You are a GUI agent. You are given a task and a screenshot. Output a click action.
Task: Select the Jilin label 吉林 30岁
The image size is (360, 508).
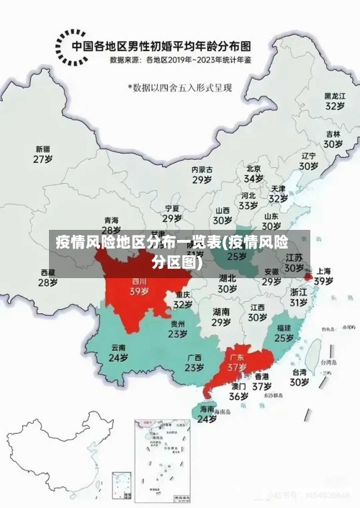(x=332, y=138)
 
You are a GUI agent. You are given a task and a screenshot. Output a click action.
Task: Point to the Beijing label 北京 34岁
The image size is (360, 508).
(x=253, y=174)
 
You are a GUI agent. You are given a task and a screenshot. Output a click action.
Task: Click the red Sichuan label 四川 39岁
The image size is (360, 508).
(x=139, y=287)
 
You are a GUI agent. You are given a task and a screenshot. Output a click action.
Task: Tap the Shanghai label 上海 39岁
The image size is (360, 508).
(x=323, y=276)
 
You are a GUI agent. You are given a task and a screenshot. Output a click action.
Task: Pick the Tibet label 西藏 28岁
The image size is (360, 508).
(x=48, y=277)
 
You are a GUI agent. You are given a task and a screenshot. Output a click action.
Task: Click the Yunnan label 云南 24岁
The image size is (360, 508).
(x=118, y=352)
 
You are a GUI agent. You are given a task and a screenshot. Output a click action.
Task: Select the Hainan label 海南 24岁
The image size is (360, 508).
(x=207, y=414)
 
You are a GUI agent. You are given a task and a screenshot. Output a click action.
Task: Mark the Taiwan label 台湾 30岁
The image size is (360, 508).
(x=299, y=377)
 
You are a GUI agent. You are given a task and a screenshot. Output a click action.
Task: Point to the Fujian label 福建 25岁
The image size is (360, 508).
(x=284, y=332)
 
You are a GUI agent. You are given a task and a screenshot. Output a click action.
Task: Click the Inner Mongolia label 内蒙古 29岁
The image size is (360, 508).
(x=202, y=174)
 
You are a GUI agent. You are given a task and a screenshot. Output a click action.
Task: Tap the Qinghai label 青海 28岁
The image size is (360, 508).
(x=111, y=225)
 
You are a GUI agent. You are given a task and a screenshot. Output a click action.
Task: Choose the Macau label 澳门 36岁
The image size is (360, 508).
(x=238, y=391)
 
